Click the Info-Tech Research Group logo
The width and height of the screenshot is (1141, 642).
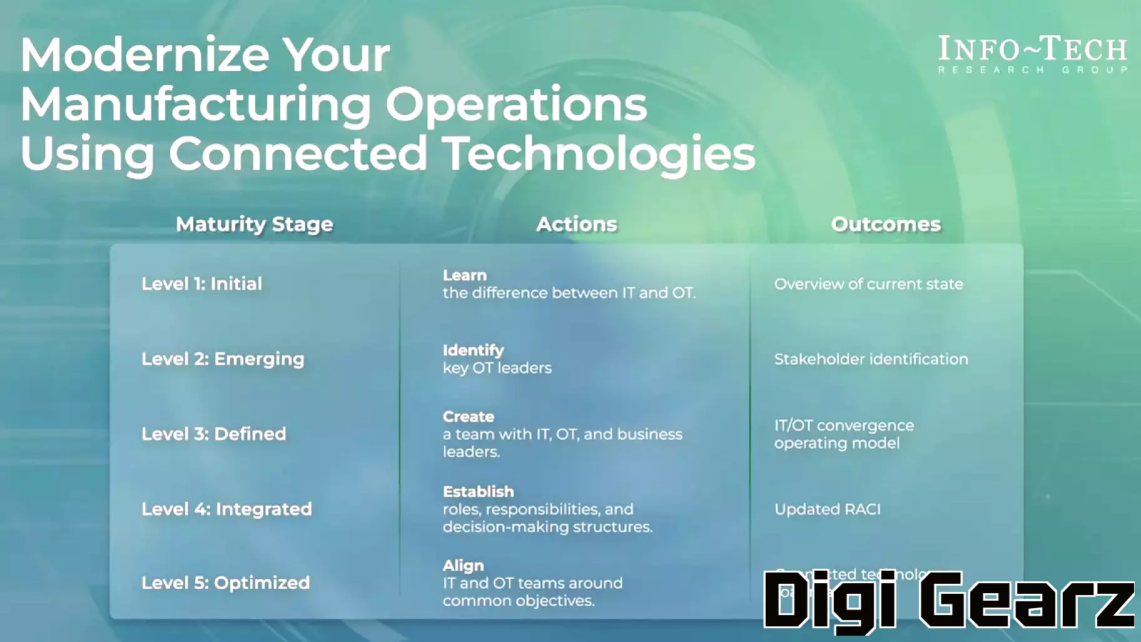tap(1032, 55)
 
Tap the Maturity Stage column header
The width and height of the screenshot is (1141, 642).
tap(254, 224)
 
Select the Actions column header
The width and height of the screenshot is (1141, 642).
tap(576, 224)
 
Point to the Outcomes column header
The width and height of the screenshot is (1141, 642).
tap(885, 224)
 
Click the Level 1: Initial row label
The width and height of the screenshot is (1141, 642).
tap(201, 283)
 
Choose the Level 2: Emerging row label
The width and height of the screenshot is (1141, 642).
tap(223, 359)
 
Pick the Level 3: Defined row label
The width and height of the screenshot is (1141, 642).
tap(213, 434)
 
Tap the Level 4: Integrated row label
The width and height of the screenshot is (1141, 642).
tap(226, 509)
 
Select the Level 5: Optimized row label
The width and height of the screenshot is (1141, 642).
tap(225, 583)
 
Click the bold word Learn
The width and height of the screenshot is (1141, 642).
tap(464, 275)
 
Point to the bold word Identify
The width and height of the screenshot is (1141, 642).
tap(473, 350)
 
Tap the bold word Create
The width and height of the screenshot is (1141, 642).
tap(468, 417)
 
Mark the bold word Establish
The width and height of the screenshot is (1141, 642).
tap(478, 492)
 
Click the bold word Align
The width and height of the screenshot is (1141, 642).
tap(463, 566)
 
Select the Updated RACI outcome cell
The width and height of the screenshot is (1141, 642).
tap(827, 509)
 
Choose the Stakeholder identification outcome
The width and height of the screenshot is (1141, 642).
tap(871, 359)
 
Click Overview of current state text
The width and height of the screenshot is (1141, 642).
tap(868, 284)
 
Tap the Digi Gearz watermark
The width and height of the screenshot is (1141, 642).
tap(948, 599)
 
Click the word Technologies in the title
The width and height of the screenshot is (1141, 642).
tap(599, 154)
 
